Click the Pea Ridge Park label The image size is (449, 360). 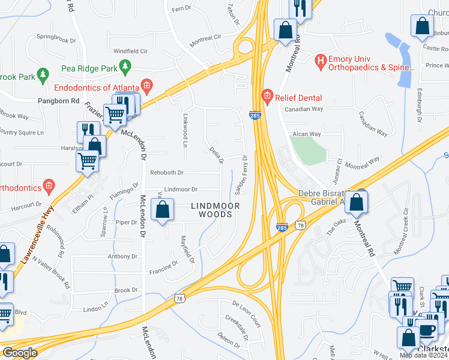pos(89,68)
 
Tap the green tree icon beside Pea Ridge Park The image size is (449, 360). pos(125,67)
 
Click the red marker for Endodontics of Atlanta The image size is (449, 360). pos(145,84)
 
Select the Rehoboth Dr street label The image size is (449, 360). pos(166,173)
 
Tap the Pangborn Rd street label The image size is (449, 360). pos(58,101)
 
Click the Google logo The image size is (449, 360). pos(20,352)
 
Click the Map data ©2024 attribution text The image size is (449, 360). pos(423,355)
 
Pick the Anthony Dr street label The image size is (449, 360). pos(122,256)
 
